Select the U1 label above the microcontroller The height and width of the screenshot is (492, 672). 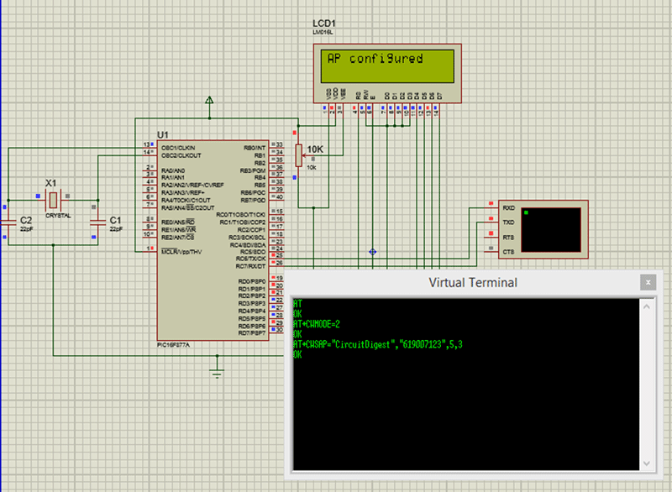click(x=162, y=135)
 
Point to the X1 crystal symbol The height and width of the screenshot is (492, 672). click(x=52, y=200)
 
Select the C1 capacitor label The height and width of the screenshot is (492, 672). click(x=117, y=220)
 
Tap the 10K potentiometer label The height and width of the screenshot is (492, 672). click(x=315, y=149)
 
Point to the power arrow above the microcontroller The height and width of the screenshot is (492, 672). click(x=209, y=101)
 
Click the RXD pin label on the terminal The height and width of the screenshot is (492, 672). click(x=508, y=207)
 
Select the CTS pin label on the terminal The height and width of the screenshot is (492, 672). click(x=508, y=252)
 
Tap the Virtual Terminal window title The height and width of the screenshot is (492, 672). click(x=473, y=282)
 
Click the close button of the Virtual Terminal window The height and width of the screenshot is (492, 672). click(x=647, y=282)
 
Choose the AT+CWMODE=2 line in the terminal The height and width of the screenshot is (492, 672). click(x=318, y=323)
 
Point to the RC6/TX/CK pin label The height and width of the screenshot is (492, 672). click(x=252, y=258)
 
